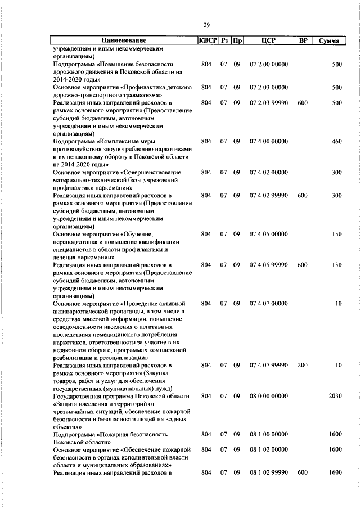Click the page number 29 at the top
pos(206,24)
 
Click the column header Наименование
pos(124,40)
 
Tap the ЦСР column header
pos(268,40)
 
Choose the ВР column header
pos(303,40)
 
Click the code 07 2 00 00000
pos(268,65)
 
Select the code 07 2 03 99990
pos(268,103)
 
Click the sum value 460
pos(336,142)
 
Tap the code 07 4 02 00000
pos(268,172)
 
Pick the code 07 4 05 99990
pos(268,265)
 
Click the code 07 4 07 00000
pos(268,304)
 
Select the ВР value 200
pos(303,366)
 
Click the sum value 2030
pos(335,396)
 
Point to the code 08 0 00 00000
pos(268,396)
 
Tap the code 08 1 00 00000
pos(268,435)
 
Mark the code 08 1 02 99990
pos(268,473)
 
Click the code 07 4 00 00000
pos(268,142)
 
